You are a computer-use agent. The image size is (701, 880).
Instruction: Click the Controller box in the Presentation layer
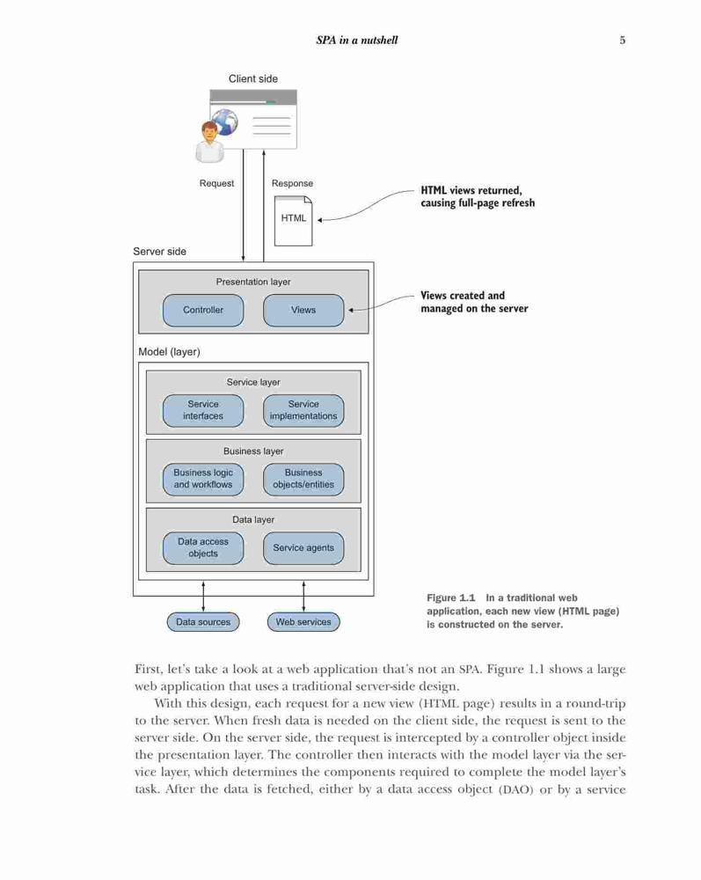[203, 310]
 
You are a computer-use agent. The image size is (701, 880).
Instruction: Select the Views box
[303, 310]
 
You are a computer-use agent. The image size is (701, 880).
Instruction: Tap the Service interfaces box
[203, 410]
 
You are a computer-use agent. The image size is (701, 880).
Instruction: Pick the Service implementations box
[303, 410]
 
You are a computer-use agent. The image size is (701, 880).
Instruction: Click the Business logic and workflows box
[203, 479]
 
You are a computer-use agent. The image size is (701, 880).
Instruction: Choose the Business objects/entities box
[303, 479]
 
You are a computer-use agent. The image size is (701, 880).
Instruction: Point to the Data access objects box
[203, 547]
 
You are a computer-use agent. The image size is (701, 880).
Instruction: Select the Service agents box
[303, 547]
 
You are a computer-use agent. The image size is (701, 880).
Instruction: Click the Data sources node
[203, 622]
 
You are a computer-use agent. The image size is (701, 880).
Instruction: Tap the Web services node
[303, 622]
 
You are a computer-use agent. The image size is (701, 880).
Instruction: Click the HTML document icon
[293, 221]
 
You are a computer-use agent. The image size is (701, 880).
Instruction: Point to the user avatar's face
[209, 132]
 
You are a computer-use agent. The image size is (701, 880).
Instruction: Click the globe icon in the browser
[225, 121]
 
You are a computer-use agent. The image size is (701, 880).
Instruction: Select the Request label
[216, 184]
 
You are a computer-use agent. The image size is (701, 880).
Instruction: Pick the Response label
[292, 184]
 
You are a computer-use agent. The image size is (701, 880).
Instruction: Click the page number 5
[623, 40]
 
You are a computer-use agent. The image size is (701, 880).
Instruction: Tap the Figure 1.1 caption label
[451, 598]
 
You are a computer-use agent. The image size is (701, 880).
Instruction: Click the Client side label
[253, 78]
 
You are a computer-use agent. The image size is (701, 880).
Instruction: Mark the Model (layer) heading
[170, 352]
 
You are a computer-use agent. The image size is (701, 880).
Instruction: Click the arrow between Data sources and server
[203, 597]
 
